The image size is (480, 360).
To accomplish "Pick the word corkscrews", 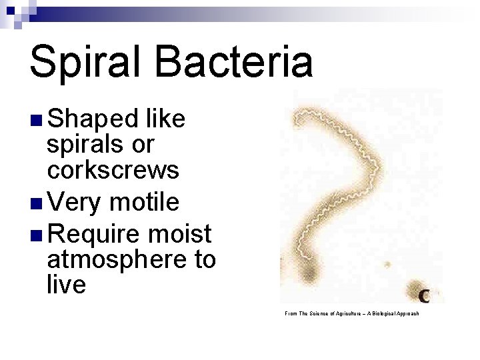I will click(x=113, y=170).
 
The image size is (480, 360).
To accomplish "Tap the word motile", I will click(x=145, y=201).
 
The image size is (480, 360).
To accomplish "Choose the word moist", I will click(x=181, y=234).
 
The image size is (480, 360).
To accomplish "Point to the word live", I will click(x=67, y=285).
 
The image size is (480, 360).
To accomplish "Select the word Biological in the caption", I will click(x=387, y=313).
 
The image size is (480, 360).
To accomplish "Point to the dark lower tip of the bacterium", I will click(x=309, y=273).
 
